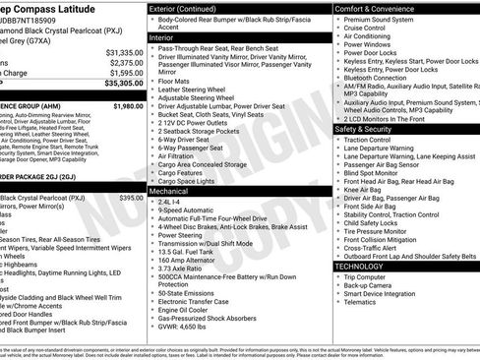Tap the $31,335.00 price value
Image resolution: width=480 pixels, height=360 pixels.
click(x=124, y=51)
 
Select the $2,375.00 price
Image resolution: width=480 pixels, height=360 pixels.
click(x=126, y=62)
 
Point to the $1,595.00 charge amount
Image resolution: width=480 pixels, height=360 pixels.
click(x=126, y=73)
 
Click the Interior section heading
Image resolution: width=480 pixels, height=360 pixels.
click(x=162, y=36)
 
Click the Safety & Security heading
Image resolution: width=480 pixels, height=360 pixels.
click(x=369, y=129)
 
